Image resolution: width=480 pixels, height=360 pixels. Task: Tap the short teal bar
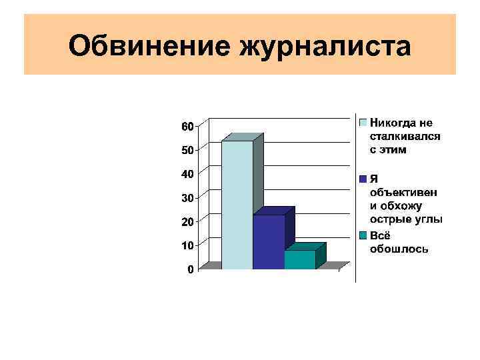pos(300,259)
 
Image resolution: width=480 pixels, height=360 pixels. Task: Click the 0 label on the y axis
pos(190,269)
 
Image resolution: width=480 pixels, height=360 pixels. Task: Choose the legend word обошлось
pos(399,249)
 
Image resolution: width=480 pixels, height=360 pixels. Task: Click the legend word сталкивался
pos(405,137)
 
